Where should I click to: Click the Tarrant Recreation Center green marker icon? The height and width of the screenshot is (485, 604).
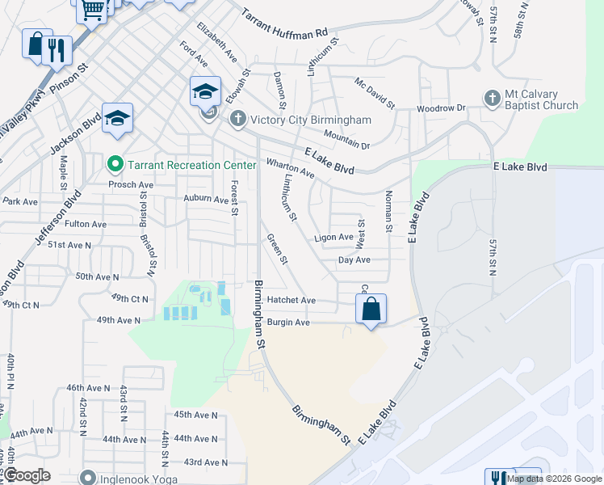coord(115,165)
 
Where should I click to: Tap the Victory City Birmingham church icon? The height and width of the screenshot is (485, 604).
coord(237,120)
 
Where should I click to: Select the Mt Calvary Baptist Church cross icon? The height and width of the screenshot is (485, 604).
coord(493,99)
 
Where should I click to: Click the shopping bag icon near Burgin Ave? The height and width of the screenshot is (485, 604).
coord(371,309)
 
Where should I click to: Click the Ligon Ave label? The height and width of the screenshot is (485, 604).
coord(333,238)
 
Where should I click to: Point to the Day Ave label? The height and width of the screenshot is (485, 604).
coord(354,259)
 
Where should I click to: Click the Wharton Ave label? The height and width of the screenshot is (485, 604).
coord(290,167)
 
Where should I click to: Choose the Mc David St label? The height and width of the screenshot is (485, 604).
coord(375,93)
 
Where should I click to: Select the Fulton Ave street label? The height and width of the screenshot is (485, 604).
coord(86,224)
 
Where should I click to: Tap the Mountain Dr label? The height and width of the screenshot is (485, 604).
coord(346,139)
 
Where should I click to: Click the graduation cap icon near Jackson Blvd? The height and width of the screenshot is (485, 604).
coord(117,120)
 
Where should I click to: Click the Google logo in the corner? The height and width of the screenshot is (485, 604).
coord(26,475)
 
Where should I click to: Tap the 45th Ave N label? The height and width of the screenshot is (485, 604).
coord(195,415)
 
